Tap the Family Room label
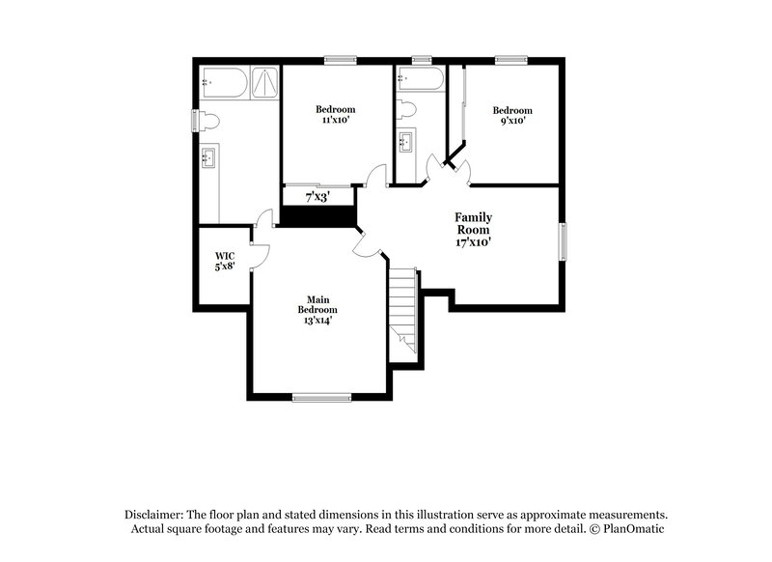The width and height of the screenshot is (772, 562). [x=473, y=225]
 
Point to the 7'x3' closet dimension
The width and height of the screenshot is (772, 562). [x=317, y=197]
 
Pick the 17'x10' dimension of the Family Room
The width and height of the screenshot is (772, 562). [x=474, y=242]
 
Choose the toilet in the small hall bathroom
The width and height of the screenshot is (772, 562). [x=407, y=107]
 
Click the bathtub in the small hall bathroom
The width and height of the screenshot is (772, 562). [x=420, y=78]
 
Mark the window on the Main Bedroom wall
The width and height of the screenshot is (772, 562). [x=321, y=396]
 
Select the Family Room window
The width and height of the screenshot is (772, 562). [x=563, y=241]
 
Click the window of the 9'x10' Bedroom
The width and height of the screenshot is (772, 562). [x=510, y=60]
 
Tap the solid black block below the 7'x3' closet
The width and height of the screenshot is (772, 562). [x=317, y=216]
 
